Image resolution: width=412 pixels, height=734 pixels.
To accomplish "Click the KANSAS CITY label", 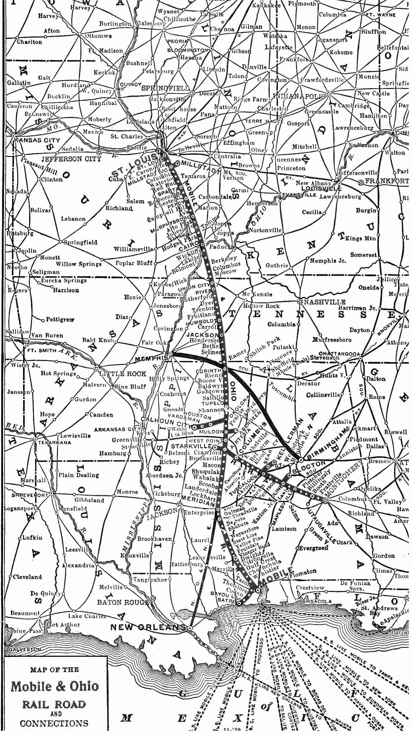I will click(37, 140).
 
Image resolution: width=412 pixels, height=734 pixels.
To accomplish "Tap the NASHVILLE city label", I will click(324, 302).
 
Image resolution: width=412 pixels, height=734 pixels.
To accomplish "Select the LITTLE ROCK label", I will click(123, 374).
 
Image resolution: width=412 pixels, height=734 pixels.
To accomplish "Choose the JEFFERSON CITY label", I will click(71, 159).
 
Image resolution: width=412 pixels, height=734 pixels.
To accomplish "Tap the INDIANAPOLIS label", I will click(299, 96).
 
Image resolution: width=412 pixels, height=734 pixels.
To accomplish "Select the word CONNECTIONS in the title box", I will click(54, 723).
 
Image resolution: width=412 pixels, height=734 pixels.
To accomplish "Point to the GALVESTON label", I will click(24, 649).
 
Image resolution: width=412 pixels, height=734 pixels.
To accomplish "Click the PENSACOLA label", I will click(315, 601).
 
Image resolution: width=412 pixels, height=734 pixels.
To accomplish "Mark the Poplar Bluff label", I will click(134, 263).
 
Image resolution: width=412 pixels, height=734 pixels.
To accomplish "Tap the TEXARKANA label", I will click(55, 443).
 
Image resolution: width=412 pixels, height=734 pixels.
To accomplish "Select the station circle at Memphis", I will click(171, 354).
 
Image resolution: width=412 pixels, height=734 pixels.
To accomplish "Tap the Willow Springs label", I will click(79, 264).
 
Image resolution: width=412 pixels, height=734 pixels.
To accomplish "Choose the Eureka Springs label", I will click(64, 280).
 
